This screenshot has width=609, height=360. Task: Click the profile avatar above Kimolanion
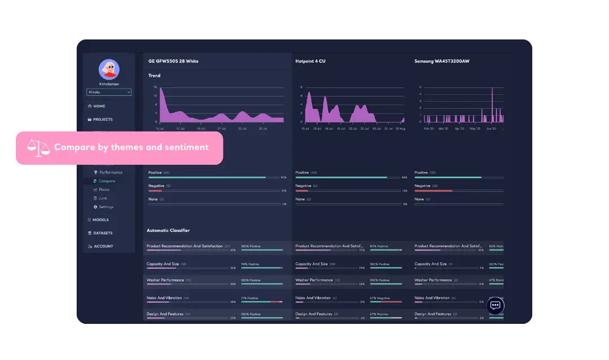coord(109,69)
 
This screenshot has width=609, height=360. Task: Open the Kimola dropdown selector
coord(109,92)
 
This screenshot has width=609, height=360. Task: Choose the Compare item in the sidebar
coord(107,181)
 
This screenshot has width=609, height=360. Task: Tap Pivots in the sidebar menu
coord(104,190)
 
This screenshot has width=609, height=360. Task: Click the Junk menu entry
coord(103,198)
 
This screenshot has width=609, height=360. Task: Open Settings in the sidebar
coord(105,207)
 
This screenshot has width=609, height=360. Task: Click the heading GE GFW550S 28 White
coord(173,61)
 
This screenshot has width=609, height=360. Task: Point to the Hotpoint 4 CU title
coord(310,61)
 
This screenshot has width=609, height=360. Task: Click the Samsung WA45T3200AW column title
coord(442,61)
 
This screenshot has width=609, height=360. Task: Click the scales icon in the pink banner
coord(38,148)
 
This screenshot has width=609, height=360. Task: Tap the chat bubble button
coord(495,305)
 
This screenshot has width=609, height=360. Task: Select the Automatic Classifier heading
coord(168,230)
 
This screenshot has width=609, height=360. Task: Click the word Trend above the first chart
coord(154,76)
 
